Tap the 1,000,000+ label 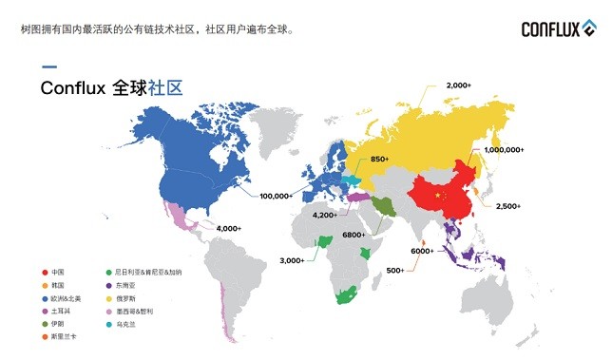(504, 150)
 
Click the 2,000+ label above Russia (458, 85)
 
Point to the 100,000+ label (275, 196)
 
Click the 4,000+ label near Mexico (228, 228)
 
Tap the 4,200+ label (324, 215)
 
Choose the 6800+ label (354, 234)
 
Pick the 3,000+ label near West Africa (291, 260)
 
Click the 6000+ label (422, 251)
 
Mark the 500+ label (395, 271)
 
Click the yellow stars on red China (438, 195)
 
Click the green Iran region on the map (382, 205)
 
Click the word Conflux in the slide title (74, 88)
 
